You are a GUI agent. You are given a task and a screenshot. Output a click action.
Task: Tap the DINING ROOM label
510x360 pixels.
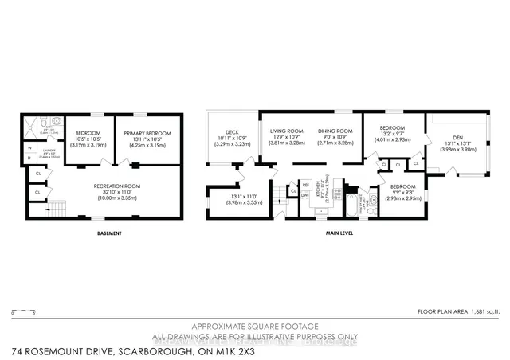(334, 131)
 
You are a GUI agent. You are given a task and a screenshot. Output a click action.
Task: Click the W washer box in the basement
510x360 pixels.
(29, 147)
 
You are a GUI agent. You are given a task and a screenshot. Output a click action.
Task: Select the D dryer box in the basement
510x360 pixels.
(29, 158)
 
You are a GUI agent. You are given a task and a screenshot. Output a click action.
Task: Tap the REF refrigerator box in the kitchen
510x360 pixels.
(305, 184)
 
